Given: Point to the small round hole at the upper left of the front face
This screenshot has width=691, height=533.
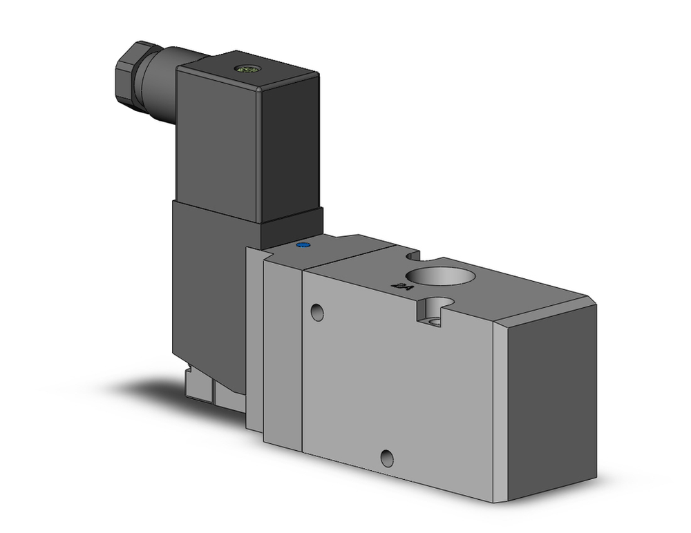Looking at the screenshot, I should (x=317, y=312).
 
